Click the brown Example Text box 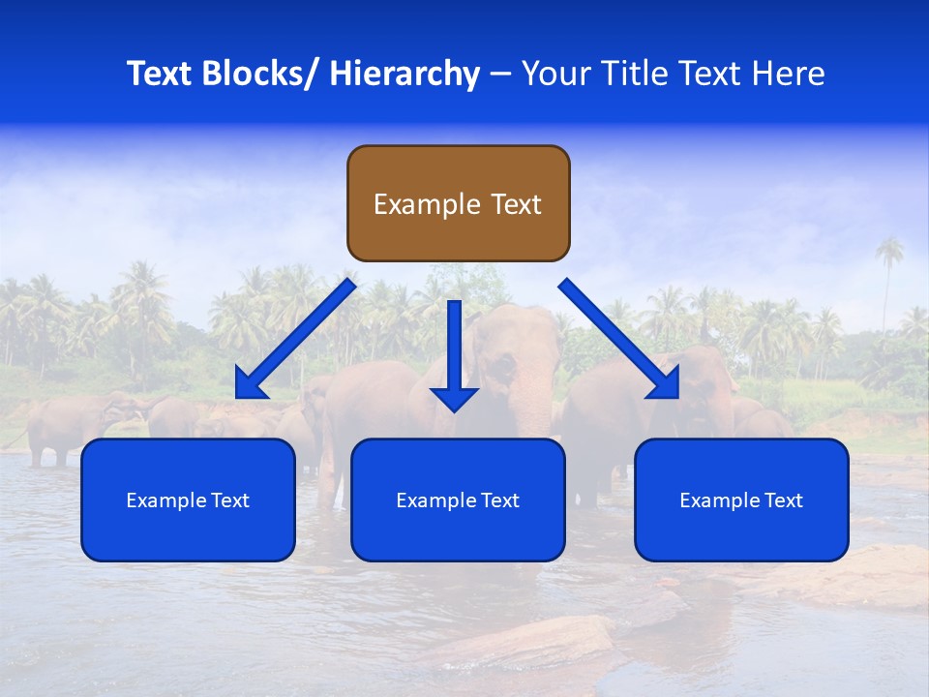tap(459, 203)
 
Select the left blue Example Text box tap(188, 500)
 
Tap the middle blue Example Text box tap(458, 500)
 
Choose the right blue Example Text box tap(741, 500)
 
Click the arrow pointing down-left tap(296, 339)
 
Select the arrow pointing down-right tap(619, 339)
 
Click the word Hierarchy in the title tap(405, 74)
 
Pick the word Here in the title tap(790, 74)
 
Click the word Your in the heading tap(556, 74)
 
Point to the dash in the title tap(500, 75)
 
